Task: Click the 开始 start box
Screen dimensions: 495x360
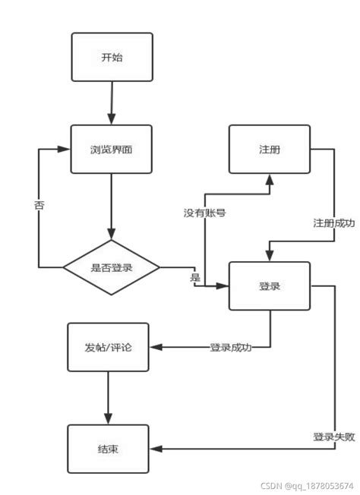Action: click(x=112, y=57)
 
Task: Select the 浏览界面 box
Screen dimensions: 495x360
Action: click(x=112, y=149)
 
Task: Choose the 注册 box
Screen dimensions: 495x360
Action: click(x=270, y=149)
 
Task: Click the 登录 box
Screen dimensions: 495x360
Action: click(x=270, y=285)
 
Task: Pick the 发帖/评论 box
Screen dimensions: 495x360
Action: click(x=108, y=348)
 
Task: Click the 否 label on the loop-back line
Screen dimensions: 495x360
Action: click(x=39, y=206)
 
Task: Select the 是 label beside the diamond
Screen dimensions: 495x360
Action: click(x=195, y=278)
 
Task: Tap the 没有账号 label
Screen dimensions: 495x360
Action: click(x=204, y=213)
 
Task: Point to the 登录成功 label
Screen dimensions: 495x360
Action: click(x=231, y=348)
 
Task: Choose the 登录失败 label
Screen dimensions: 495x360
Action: click(x=334, y=437)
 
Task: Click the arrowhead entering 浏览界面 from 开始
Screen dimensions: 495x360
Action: click(x=112, y=119)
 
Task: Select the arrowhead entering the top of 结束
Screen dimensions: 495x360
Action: click(x=108, y=418)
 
